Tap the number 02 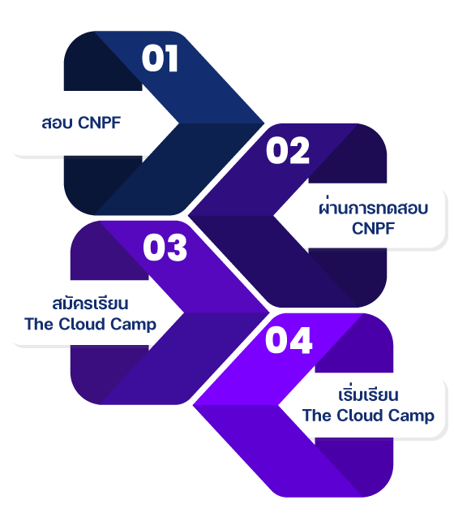pyautogui.click(x=288, y=151)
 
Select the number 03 pyautogui.click(x=165, y=248)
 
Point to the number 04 pyautogui.click(x=289, y=341)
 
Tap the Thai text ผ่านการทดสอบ pyautogui.click(x=373, y=209)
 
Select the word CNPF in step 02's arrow pyautogui.click(x=373, y=229)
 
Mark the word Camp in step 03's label pyautogui.click(x=136, y=325)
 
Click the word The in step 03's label pyautogui.click(x=38, y=324)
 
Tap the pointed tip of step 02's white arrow pyautogui.click(x=275, y=217)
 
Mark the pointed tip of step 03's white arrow pyautogui.click(x=183, y=313)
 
